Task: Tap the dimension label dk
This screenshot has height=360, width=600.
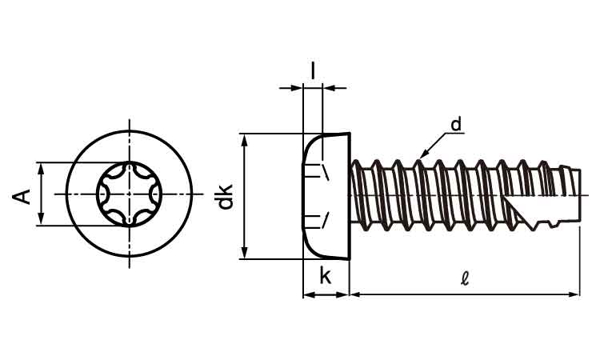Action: coord(226,196)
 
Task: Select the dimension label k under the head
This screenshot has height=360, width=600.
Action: coord(326,276)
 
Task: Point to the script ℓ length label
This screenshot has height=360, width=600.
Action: coord(465,279)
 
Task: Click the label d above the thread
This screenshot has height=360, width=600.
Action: coord(455,124)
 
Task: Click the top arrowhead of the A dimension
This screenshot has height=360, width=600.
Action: coord(38,168)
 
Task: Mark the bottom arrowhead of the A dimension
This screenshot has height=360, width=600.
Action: coord(38,221)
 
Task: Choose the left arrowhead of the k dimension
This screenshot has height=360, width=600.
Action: coord(308,294)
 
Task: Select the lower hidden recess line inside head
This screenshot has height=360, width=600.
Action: coord(325,220)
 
